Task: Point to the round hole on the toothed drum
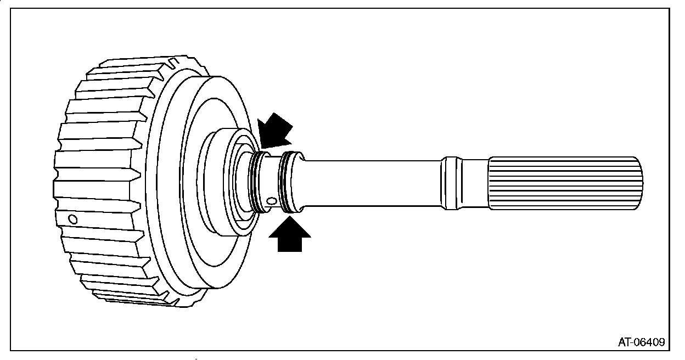(x=72, y=220)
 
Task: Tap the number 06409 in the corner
(x=650, y=342)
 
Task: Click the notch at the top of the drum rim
(x=175, y=61)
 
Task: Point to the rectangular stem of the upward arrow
(x=290, y=244)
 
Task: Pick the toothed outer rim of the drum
(x=99, y=181)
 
